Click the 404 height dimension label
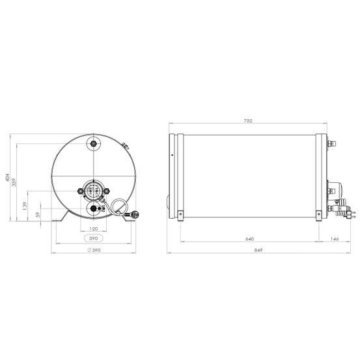[x=8, y=178]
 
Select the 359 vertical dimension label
[x=14, y=182]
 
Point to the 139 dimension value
[x=25, y=206]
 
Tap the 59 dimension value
[x=38, y=215]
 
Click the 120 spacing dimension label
[x=94, y=229]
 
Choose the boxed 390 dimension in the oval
[x=94, y=238]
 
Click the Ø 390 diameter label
[x=94, y=250]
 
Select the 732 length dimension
[x=248, y=121]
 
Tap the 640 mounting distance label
[x=249, y=239]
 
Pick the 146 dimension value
[x=335, y=239]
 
